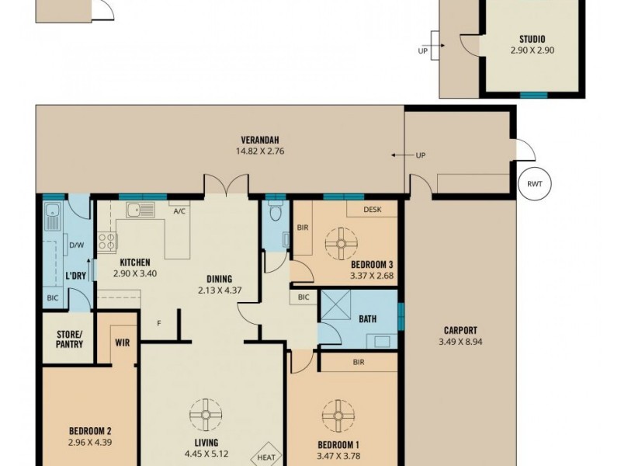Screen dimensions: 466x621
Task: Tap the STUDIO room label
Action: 532,39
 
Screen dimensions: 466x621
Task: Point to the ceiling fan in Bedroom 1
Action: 339,416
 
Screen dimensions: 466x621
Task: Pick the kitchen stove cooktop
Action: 106,242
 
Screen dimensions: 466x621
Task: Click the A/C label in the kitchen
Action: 179,210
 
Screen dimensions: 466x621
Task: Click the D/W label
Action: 76,246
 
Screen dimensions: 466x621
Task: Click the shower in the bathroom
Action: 336,308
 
